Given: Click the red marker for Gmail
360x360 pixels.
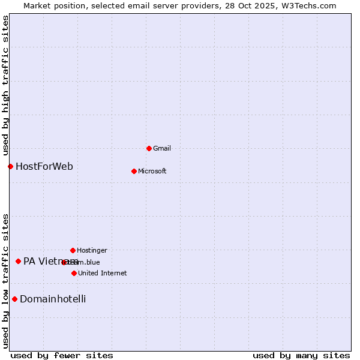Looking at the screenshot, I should pos(149,148).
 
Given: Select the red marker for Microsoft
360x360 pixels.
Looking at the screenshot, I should pos(134,171).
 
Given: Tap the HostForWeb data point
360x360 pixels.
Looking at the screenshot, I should pos(10,166).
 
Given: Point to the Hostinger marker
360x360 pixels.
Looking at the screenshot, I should pos(73,250).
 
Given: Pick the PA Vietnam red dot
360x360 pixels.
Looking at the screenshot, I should pos(18,261).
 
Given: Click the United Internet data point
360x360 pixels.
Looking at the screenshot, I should pos(74,273).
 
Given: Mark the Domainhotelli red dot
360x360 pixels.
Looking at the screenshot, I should pos(14,299).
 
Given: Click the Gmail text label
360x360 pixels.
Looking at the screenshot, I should pos(162,148).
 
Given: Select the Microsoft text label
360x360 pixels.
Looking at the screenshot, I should pos(152,171).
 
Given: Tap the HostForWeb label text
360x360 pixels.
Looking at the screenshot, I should pos(44,166).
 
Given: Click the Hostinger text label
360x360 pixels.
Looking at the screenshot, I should pos(92,250).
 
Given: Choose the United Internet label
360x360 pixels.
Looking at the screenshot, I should pos(102,273).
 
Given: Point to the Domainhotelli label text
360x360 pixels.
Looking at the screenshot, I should pos(53,299).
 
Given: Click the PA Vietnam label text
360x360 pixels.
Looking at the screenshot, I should pos(43,261).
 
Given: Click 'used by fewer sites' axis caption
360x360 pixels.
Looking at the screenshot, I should pos(62,355).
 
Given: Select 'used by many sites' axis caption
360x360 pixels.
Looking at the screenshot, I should pos(301,355).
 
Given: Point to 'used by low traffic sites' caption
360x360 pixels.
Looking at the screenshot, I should pos(6,281).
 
